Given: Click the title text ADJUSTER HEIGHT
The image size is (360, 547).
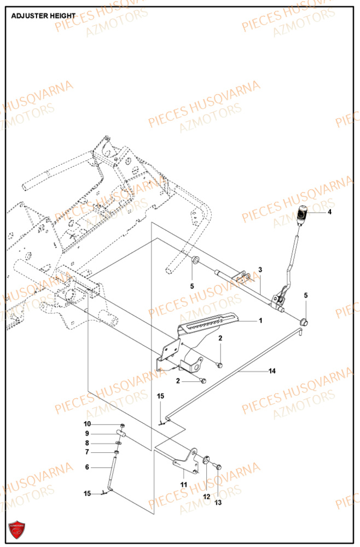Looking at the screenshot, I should pyautogui.click(x=43, y=16).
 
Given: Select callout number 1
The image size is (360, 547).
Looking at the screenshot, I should pyautogui.click(x=260, y=320).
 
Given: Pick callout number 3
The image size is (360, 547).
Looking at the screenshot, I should pyautogui.click(x=260, y=270).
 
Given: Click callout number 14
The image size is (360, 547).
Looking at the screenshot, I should pyautogui.click(x=272, y=371).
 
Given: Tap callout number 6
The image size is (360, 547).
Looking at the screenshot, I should pyautogui.click(x=86, y=468).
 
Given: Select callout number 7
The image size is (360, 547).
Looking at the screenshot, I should pyautogui.click(x=86, y=452).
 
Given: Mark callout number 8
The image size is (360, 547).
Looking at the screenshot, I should pyautogui.click(x=86, y=443).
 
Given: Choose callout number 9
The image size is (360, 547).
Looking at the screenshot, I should pyautogui.click(x=86, y=434).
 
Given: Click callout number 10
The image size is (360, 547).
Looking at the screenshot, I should pyautogui.click(x=88, y=424).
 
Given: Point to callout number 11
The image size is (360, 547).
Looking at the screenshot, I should pyautogui.click(x=184, y=484).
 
